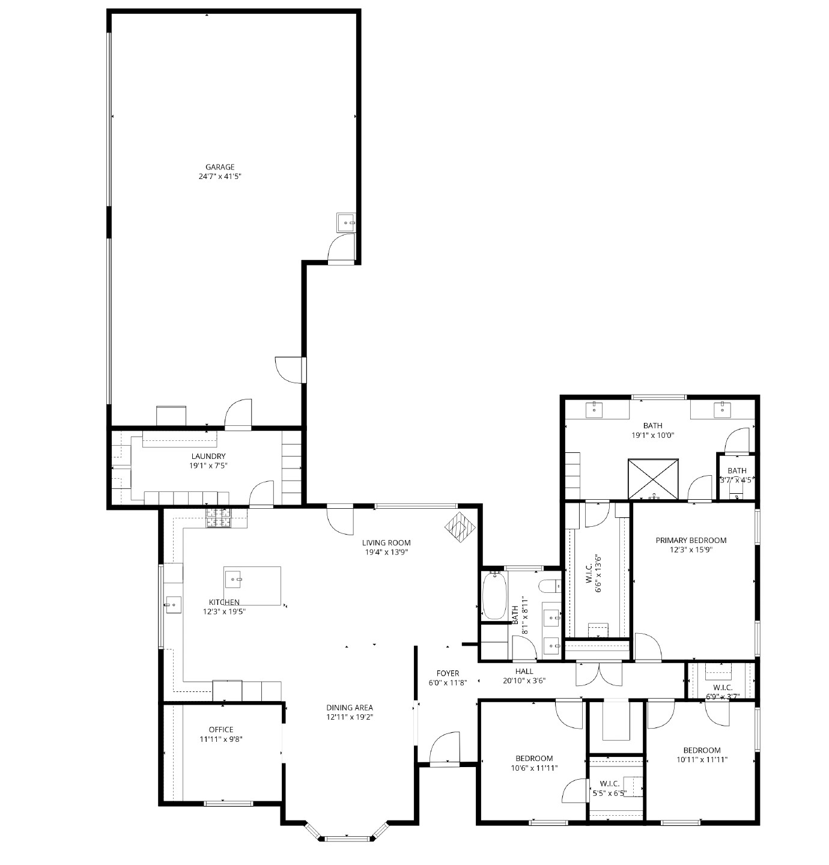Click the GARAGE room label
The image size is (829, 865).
click(220, 167)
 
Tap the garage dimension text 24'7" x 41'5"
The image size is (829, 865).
click(220, 177)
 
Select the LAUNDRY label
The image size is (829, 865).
click(208, 456)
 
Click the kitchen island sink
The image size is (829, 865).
click(233, 580)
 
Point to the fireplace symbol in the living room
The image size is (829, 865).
click(460, 527)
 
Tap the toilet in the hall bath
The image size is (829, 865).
click(549, 586)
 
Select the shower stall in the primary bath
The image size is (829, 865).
click(653, 478)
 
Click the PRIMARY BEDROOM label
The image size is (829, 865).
click(691, 540)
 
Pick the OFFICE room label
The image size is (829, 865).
click(221, 730)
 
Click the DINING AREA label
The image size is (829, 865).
click(350, 708)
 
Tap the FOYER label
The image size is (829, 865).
click(448, 673)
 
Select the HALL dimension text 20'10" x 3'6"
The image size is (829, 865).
click(524, 681)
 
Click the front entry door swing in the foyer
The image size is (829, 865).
click(445, 748)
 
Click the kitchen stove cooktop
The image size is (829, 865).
click(219, 518)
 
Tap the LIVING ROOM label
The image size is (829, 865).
click(386, 542)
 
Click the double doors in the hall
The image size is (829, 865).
click(599, 673)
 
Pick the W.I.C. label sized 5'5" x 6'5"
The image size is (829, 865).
click(609, 784)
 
